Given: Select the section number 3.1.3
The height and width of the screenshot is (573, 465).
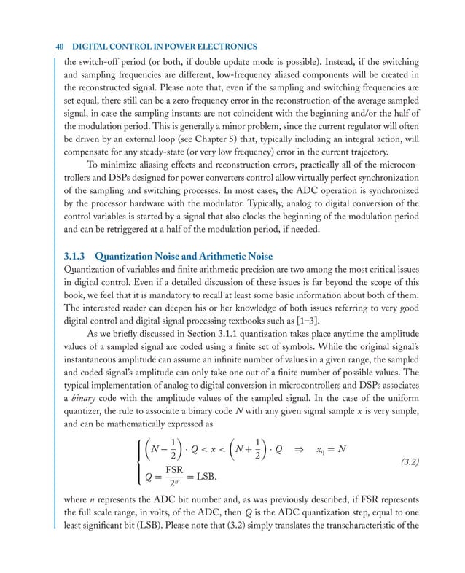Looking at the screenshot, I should coord(77,257).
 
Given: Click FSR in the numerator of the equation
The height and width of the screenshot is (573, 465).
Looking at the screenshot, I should coord(174,473).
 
